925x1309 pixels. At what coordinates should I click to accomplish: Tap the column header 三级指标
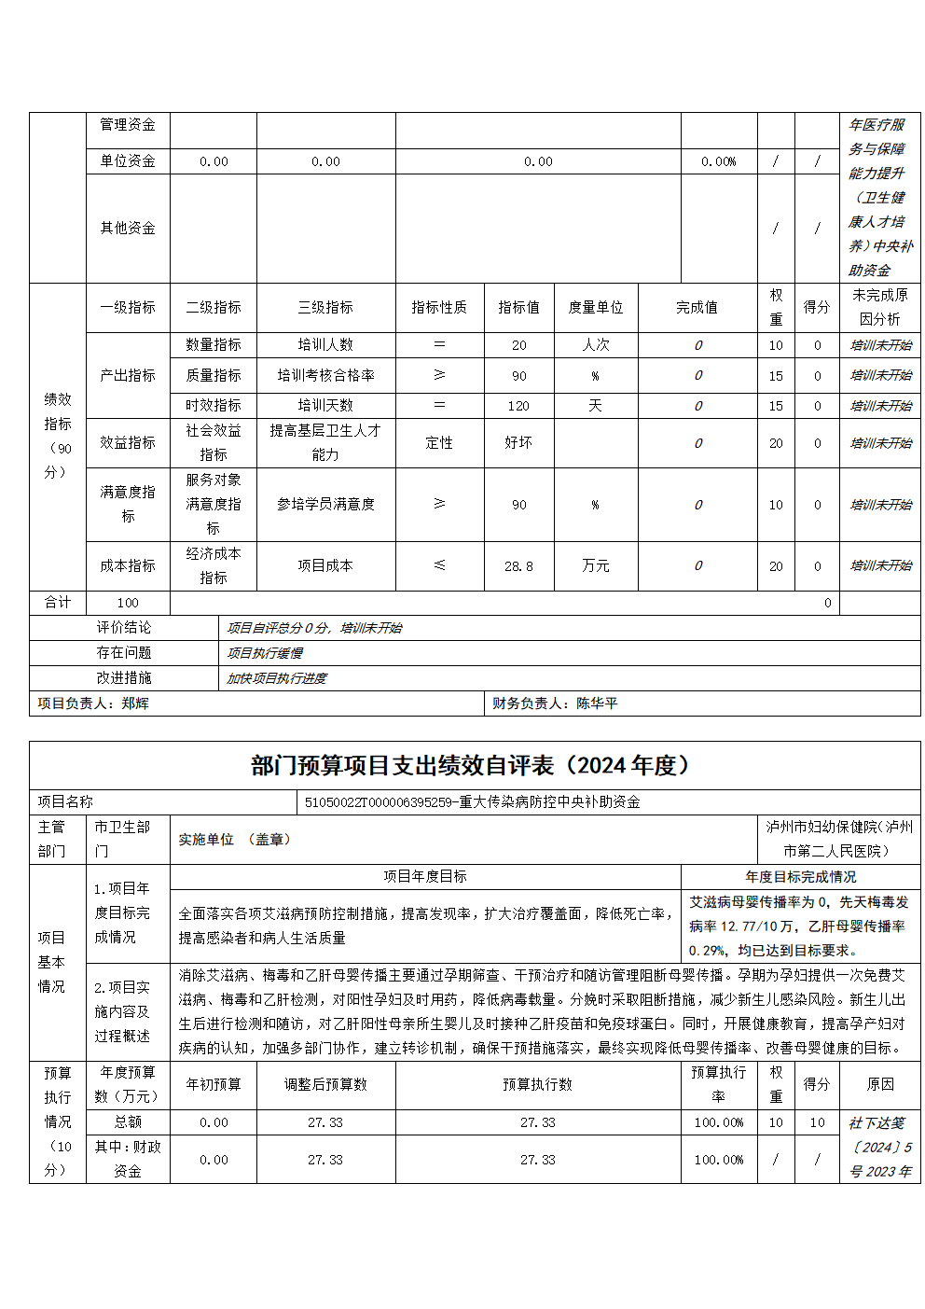coord(325,307)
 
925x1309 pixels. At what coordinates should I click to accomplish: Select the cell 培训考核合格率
coord(325,375)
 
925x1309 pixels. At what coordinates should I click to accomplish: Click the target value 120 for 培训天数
coord(518,406)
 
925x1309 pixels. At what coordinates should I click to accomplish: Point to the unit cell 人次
coord(596,344)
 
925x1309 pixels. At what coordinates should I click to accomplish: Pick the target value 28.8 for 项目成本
coord(518,566)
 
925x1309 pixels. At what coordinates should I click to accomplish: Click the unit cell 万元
coord(596,566)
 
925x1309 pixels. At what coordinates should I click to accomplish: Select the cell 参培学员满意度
coord(325,505)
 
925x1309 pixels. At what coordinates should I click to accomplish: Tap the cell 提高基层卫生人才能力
coord(325,442)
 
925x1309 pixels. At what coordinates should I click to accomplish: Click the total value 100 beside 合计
coord(128,603)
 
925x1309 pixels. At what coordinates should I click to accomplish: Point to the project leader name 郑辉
coord(135,703)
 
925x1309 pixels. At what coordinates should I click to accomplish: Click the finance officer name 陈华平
coord(597,703)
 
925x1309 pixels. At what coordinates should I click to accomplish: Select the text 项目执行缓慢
coord(265,653)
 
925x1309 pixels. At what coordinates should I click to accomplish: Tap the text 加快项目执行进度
coord(277,678)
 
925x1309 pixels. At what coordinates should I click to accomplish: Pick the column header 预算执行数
coord(537,1084)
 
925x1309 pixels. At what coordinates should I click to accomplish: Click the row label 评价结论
coord(124,628)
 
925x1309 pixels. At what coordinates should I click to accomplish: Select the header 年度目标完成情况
coord(800,877)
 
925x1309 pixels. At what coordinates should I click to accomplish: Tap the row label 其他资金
coord(128,228)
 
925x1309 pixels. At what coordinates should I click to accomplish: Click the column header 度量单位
coord(596,307)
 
